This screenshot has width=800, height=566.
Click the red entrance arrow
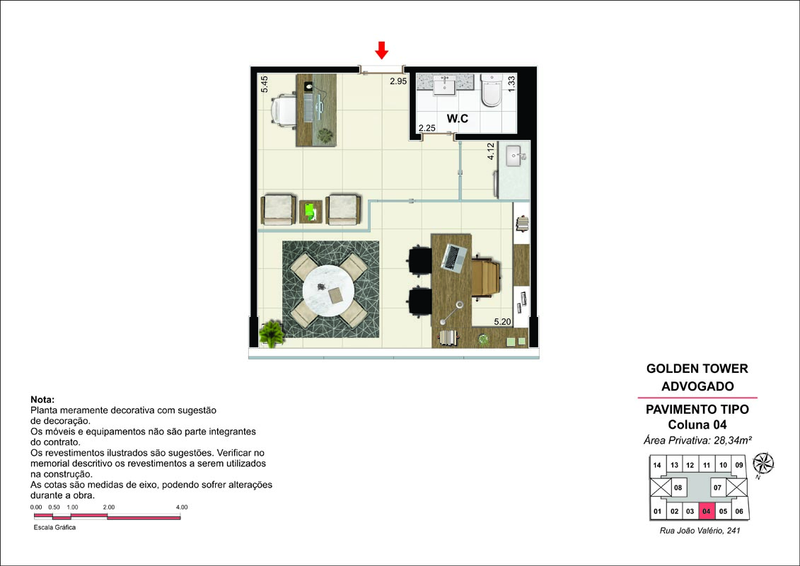(x=382, y=50)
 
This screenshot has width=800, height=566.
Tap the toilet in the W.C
(x=492, y=91)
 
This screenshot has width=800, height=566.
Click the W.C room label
(x=457, y=118)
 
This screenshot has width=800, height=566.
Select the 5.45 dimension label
(x=265, y=84)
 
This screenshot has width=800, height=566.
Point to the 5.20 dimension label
(x=502, y=321)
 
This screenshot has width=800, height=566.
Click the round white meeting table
(x=328, y=291)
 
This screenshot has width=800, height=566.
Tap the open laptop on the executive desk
(x=453, y=258)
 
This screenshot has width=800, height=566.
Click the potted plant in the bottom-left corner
(x=272, y=334)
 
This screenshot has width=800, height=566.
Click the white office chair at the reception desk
(x=283, y=111)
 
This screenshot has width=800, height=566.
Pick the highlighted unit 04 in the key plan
(x=706, y=511)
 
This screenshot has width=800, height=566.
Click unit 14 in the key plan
(x=657, y=465)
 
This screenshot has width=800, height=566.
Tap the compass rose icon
(x=763, y=463)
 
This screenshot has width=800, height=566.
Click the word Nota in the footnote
(x=42, y=400)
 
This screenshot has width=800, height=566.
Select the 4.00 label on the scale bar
(x=182, y=507)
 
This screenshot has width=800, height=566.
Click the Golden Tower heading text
(x=697, y=369)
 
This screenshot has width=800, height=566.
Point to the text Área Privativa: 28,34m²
(x=697, y=440)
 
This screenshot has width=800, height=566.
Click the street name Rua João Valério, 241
(x=700, y=531)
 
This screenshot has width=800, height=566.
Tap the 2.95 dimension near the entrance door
(x=398, y=81)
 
